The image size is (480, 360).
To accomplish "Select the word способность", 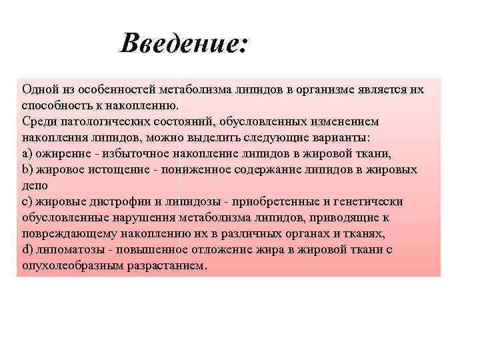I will (x=53, y=105).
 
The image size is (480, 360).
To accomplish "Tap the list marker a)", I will (x=27, y=153).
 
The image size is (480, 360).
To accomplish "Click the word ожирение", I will (x=61, y=153).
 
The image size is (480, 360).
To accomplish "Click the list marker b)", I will (x=27, y=169).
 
